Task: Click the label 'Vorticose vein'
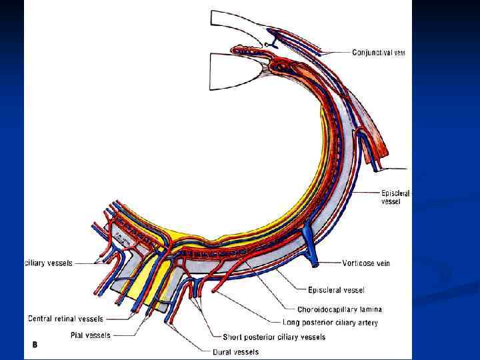click(x=366, y=263)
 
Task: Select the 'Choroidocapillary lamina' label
click(x=339, y=309)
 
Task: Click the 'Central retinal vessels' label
click(x=65, y=319)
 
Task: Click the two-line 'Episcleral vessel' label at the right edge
click(x=395, y=196)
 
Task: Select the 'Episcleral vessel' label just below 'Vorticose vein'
click(x=336, y=290)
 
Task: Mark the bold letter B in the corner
click(x=35, y=345)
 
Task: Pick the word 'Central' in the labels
click(x=41, y=319)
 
